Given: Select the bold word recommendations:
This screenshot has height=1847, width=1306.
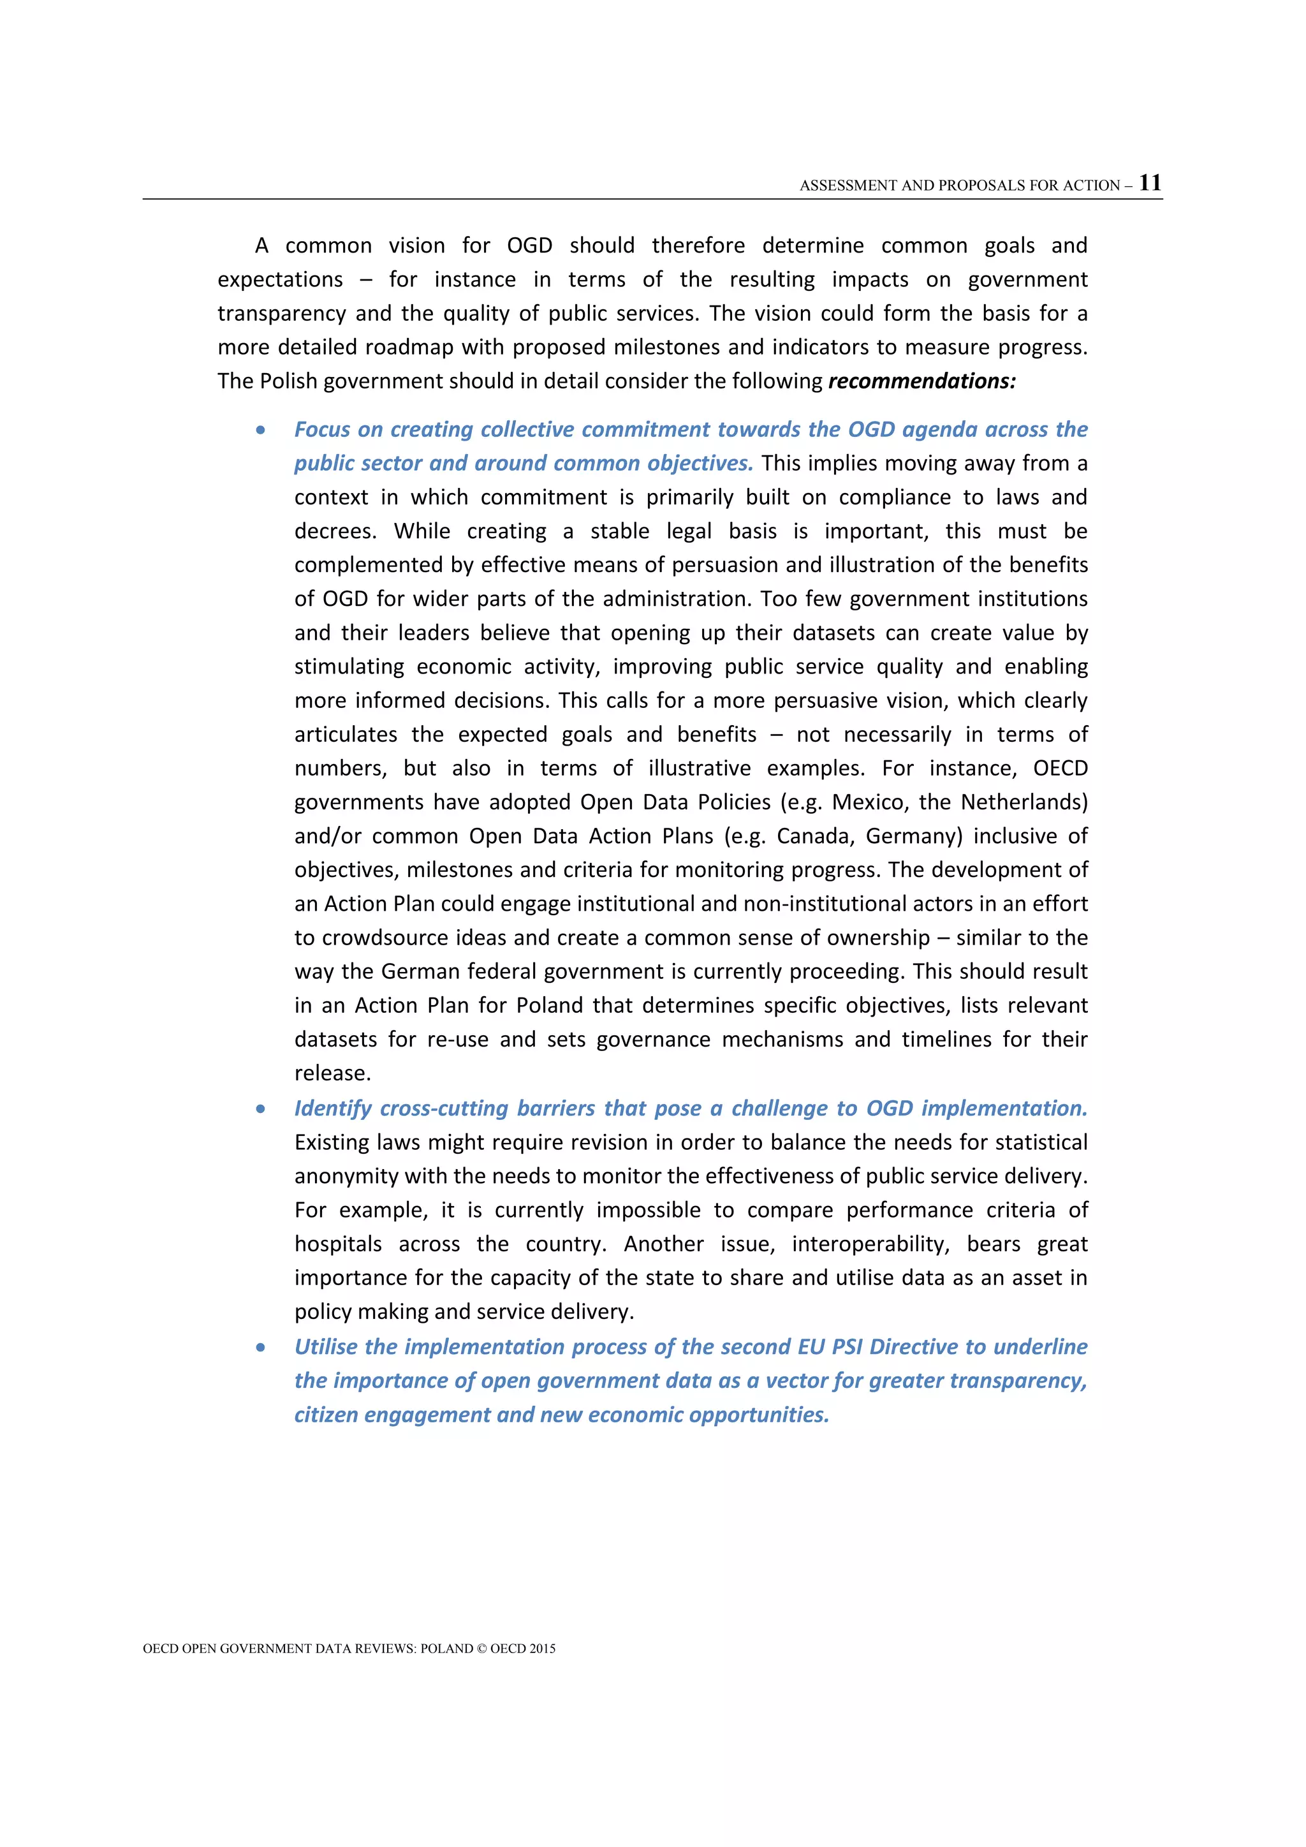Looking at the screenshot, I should pyautogui.click(x=921, y=381).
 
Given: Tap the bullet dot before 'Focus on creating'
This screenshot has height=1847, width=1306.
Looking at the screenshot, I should pyautogui.click(x=261, y=430).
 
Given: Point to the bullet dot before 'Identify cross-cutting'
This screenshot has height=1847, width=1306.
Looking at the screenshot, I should pyautogui.click(x=261, y=1109).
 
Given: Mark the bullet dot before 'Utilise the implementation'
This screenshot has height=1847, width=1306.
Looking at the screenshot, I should pyautogui.click(x=261, y=1348).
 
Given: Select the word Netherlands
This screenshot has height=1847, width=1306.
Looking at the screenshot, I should pyautogui.click(x=1024, y=802).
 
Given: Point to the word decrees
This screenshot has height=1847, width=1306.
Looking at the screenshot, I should pyautogui.click(x=333, y=532).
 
